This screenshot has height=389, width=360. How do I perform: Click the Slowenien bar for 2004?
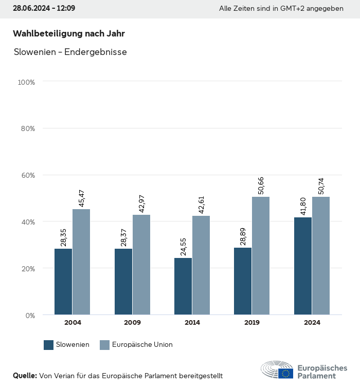coord(64,282)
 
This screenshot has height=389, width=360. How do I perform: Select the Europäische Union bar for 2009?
coord(141,265)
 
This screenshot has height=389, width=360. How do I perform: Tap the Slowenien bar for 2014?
coord(183,286)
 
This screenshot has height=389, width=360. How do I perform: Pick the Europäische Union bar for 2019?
coord(261,256)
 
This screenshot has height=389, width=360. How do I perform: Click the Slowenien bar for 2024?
coord(303,266)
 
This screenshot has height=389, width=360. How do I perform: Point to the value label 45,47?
coord(81,198)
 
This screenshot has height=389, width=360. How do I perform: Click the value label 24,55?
coord(183,247)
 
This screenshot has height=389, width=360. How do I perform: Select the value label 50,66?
coord(261,186)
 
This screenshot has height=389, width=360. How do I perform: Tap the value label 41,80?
coord(303,207)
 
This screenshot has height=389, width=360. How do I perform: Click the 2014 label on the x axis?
coord(192,323)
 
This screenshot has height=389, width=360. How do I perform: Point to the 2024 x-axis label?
coord(312,323)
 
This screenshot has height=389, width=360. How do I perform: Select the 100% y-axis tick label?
coord(26,82)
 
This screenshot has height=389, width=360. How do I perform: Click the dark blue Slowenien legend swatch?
coord(49,345)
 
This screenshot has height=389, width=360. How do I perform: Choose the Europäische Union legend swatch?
coord(104,345)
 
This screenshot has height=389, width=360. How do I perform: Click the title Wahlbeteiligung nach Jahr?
coord(69,33)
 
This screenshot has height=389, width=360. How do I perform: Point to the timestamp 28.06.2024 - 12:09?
coord(44,9)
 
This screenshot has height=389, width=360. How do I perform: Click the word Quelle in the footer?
coord(25,376)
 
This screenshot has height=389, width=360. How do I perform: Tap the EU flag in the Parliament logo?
coord(286,374)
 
